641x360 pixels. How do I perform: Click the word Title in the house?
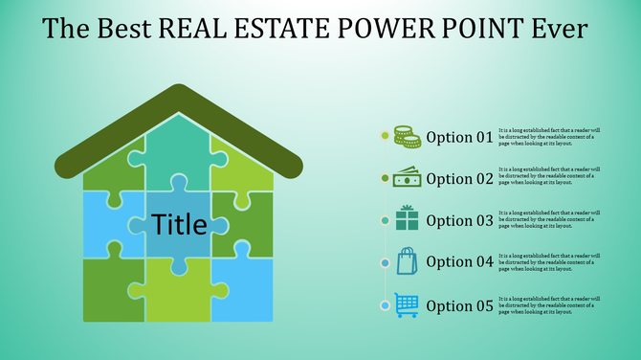pos(179,225)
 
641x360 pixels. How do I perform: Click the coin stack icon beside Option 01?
pos(407,137)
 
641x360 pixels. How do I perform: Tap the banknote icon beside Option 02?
pos(407,178)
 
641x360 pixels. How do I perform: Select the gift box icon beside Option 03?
pos(407,219)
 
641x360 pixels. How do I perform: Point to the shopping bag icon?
pos(407,261)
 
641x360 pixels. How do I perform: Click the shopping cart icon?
pos(407,304)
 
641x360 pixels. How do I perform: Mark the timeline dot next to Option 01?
pos(385,136)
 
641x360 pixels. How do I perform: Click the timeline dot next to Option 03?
pos(385,220)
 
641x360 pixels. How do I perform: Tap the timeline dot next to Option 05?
pos(385,305)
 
